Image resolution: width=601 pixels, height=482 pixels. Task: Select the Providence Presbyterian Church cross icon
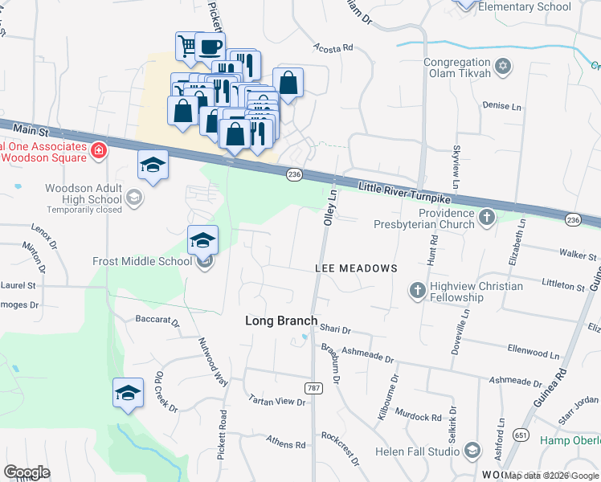pos(486,218)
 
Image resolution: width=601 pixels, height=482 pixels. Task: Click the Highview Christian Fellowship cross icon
pos(417,289)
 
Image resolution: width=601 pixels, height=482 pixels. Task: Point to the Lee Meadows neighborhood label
pos(356,268)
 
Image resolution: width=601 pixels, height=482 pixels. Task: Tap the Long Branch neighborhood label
pos(281,321)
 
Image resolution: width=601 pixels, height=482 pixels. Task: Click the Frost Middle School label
pos(142,261)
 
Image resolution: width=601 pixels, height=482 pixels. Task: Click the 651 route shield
pos(521,435)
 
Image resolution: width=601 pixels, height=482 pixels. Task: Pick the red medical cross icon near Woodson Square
pos(99,149)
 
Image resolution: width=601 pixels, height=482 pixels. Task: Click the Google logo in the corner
pos(27,472)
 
